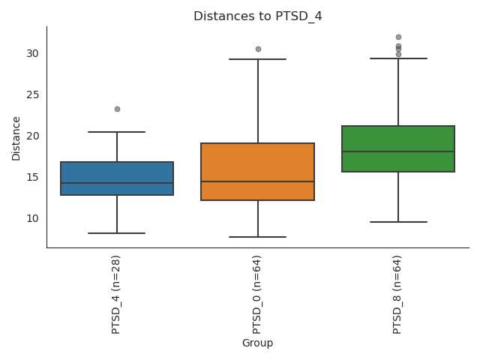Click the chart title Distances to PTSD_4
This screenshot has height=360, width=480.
(x=257, y=16)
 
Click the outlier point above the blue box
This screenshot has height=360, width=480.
(x=117, y=109)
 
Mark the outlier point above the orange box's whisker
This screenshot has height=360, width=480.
(x=258, y=49)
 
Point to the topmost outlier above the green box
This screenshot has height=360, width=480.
(x=398, y=37)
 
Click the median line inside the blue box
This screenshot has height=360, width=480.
(x=117, y=183)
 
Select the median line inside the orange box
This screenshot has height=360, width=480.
(x=257, y=181)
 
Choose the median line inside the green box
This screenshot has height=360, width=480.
(x=398, y=151)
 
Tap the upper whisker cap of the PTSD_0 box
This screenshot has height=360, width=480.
(x=257, y=59)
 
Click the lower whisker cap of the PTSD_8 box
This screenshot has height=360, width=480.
(x=398, y=222)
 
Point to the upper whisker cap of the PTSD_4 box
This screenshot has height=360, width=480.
(x=117, y=132)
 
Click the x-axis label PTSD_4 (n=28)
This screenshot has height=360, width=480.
(x=116, y=294)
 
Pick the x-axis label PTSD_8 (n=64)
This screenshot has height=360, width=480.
(x=397, y=294)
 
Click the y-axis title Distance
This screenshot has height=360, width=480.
(x=16, y=137)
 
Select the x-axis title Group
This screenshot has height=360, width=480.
(x=257, y=343)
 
